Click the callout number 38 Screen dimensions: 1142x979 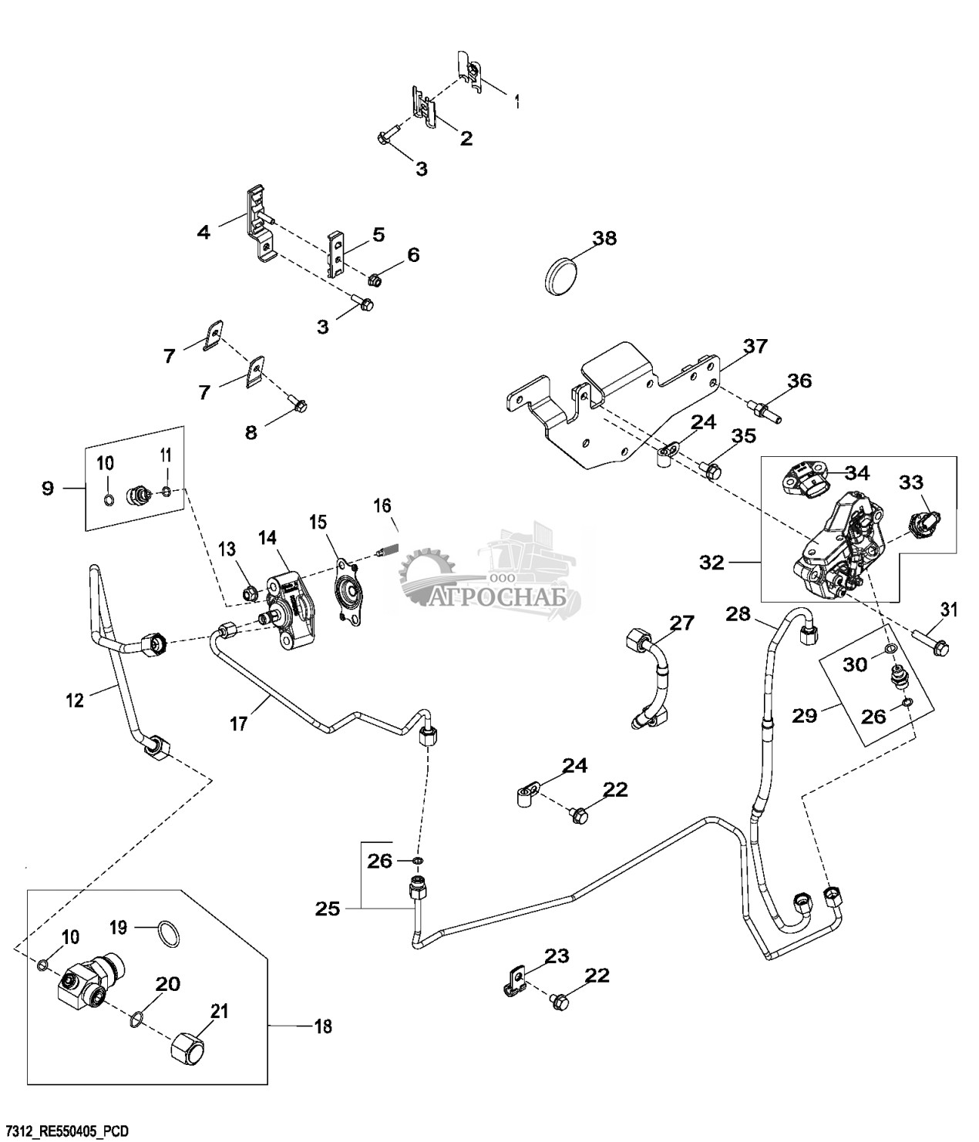tap(605, 238)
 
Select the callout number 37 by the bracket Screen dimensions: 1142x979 tap(755, 347)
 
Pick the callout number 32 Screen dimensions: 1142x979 tap(712, 563)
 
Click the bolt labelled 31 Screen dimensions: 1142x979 tap(932, 643)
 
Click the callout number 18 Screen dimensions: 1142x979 tap(325, 1026)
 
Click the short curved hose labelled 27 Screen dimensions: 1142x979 tap(654, 678)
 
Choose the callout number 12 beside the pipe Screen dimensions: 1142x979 tap(74, 700)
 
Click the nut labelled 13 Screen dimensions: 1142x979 tap(250, 593)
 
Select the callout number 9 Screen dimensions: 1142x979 tap(48, 488)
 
